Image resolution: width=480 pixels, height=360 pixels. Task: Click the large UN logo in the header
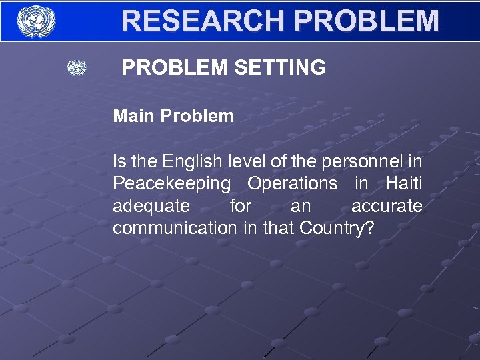pyautogui.click(x=36, y=21)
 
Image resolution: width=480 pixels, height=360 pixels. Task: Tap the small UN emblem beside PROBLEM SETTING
pyautogui.click(x=77, y=67)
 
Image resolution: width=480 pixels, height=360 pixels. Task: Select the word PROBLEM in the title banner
pyautogui.click(x=366, y=21)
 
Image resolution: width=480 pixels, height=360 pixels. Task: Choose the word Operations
pyautogui.click(x=292, y=183)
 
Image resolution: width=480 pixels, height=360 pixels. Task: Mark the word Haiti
pyautogui.click(x=404, y=183)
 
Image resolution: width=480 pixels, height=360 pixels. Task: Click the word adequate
pyautogui.click(x=151, y=206)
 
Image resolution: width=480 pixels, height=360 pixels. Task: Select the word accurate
pyautogui.click(x=387, y=206)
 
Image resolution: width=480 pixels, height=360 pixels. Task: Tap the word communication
pyautogui.click(x=175, y=228)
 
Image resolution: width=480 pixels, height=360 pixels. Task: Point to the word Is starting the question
pyautogui.click(x=119, y=161)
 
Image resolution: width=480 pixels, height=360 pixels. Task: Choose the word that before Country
pyautogui.click(x=281, y=228)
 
